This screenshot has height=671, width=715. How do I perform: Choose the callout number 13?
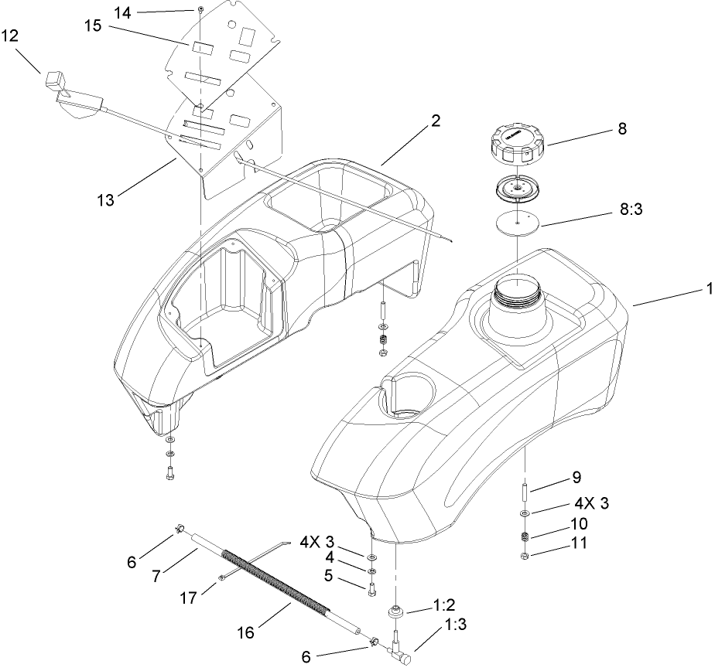point(105,200)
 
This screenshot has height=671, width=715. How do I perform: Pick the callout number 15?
point(93,26)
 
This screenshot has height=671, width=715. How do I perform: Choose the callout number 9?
point(576,477)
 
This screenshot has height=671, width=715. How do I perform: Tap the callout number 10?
point(577,524)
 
